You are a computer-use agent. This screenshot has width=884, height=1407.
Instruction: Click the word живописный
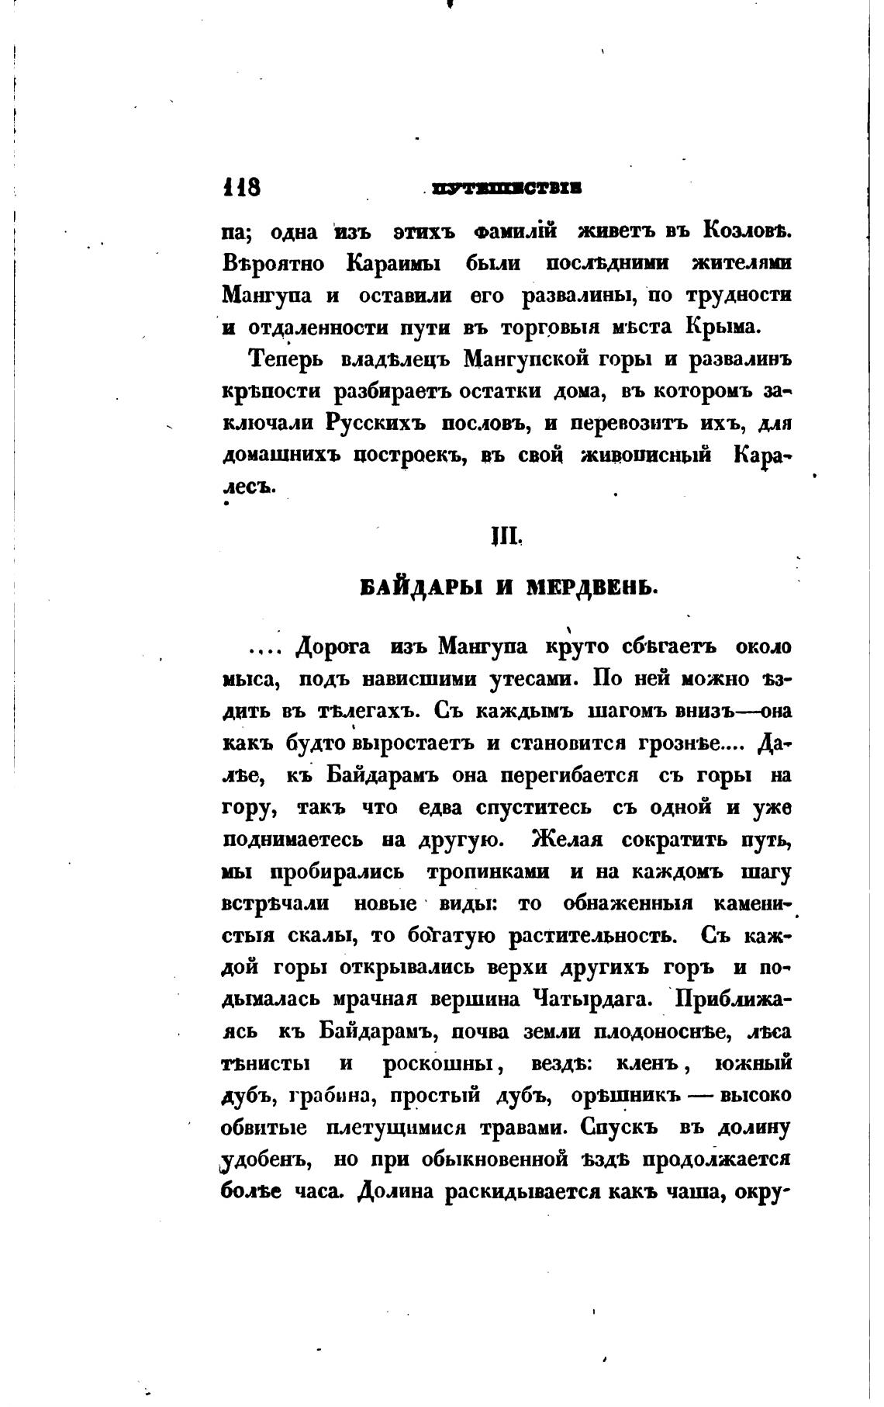645,456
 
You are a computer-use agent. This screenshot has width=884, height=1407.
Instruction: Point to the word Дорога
334,646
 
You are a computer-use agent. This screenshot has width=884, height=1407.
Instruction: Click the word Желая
567,839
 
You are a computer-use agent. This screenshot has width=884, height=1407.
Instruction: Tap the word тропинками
489,872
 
